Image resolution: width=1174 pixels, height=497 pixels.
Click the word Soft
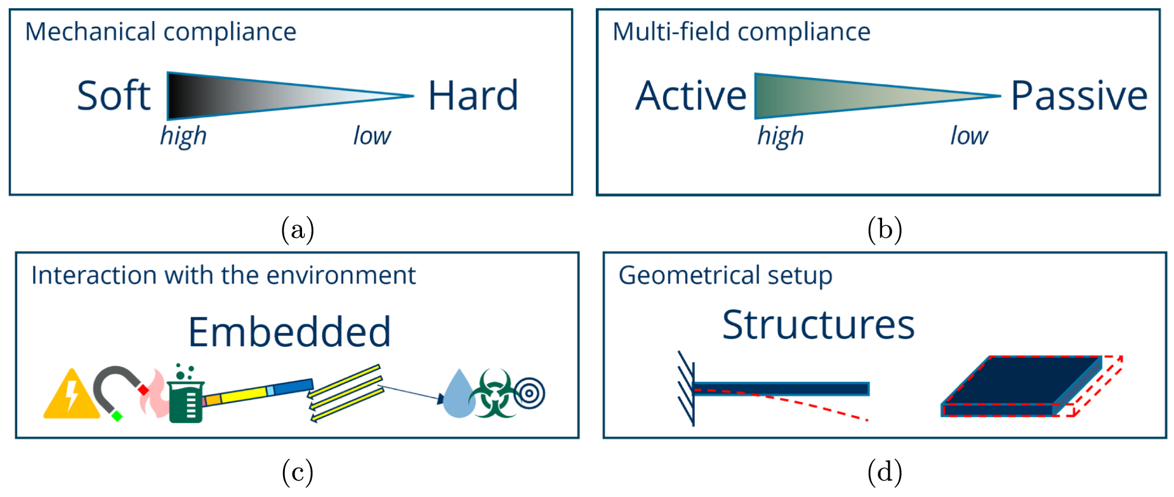pyautogui.click(x=114, y=96)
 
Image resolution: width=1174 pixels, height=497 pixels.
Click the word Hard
pyautogui.click(x=473, y=96)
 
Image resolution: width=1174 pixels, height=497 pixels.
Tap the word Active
pyautogui.click(x=690, y=96)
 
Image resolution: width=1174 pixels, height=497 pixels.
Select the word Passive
pyautogui.click(x=1078, y=96)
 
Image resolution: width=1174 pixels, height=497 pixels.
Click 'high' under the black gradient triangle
pyautogui.click(x=183, y=136)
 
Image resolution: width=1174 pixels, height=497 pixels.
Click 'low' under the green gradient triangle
pyautogui.click(x=968, y=136)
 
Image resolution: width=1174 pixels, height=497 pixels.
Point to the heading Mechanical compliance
pyautogui.click(x=161, y=32)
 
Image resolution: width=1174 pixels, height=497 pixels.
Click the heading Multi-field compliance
pyautogui.click(x=741, y=32)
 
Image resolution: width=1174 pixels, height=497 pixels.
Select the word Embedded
pyautogui.click(x=289, y=332)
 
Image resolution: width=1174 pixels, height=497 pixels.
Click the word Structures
pyautogui.click(x=818, y=325)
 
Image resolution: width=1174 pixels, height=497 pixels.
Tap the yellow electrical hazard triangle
pyautogui.click(x=70, y=397)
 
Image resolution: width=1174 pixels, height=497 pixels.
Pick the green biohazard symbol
pyautogui.click(x=493, y=395)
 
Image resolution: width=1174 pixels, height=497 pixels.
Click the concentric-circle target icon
pyautogui.click(x=530, y=394)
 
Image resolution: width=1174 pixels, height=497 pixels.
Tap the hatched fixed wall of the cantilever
pyautogui.click(x=686, y=389)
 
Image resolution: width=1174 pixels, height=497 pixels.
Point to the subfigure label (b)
pyautogui.click(x=884, y=229)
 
